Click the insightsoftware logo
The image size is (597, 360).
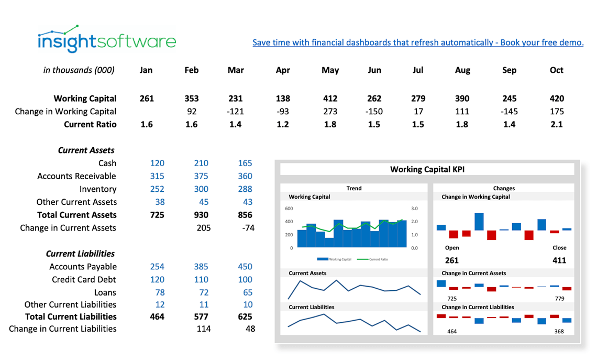click(x=106, y=39)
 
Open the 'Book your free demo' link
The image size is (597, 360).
click(x=417, y=42)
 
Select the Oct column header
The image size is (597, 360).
click(x=557, y=70)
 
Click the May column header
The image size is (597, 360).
click(x=330, y=70)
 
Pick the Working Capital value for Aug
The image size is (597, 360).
click(x=462, y=99)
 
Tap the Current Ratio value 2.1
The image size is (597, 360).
click(x=557, y=124)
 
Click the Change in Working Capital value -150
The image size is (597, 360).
click(x=374, y=111)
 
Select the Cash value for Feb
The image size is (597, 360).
click(x=201, y=163)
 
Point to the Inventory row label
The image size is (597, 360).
click(x=98, y=189)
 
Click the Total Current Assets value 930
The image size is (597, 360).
click(x=201, y=215)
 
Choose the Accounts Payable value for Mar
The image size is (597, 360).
click(x=245, y=267)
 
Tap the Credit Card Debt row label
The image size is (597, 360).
click(x=84, y=280)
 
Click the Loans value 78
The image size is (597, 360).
click(x=157, y=292)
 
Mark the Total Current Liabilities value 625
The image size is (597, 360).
click(x=245, y=317)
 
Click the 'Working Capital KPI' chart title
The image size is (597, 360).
click(x=427, y=169)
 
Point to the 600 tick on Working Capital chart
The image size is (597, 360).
click(x=289, y=209)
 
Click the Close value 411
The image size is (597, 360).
click(x=559, y=260)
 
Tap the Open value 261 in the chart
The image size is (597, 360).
click(x=451, y=260)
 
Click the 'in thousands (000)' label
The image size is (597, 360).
click(x=79, y=70)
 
